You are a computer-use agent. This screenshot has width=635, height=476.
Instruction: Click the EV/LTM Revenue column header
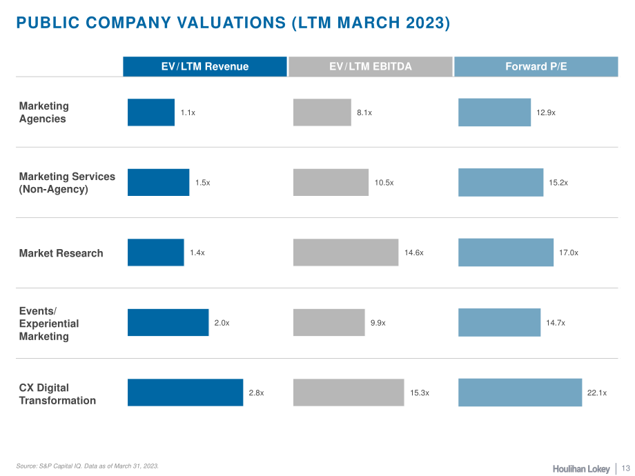(x=205, y=66)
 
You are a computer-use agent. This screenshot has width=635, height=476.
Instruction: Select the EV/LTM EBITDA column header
(x=370, y=66)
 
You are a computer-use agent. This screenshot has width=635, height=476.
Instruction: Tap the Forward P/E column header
(x=536, y=66)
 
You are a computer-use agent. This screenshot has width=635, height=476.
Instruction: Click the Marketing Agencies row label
(x=43, y=112)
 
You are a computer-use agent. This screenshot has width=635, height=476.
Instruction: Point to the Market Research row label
(x=61, y=253)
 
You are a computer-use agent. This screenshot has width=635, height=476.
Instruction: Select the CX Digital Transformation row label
(x=57, y=394)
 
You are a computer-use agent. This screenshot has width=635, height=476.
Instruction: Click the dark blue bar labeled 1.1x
(x=151, y=112)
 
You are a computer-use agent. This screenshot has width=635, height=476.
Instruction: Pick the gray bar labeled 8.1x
(x=322, y=112)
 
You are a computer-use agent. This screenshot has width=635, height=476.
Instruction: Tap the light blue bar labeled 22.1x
(x=520, y=393)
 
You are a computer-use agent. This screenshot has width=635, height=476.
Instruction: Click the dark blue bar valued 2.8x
(x=185, y=393)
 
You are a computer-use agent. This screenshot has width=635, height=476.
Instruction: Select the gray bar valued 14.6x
(x=346, y=252)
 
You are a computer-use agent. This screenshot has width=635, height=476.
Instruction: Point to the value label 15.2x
(x=558, y=183)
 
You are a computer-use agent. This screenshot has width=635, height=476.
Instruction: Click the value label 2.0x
(x=222, y=323)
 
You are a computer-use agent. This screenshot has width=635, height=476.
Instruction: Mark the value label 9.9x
(x=378, y=323)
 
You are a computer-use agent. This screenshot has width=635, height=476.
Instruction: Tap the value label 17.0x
(x=569, y=252)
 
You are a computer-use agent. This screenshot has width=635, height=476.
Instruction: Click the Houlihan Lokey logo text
(x=581, y=468)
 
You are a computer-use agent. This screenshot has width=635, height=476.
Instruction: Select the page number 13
(x=626, y=468)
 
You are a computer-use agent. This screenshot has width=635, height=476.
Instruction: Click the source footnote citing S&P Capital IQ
(x=88, y=466)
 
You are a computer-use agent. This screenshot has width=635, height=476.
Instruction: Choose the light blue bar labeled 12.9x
(x=494, y=112)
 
